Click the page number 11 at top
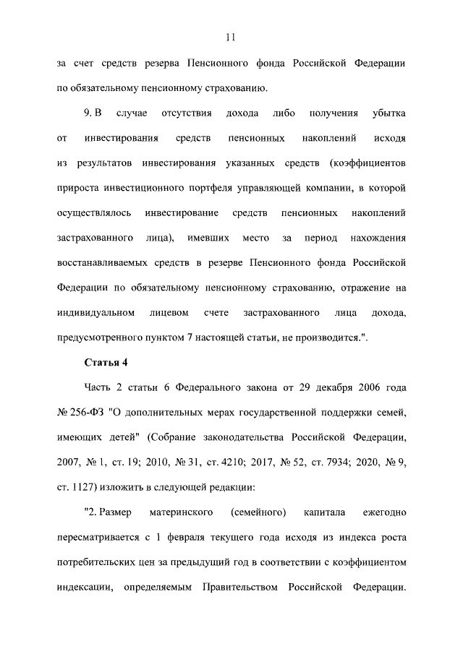coord(231,38)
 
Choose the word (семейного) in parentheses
coord(258,512)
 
